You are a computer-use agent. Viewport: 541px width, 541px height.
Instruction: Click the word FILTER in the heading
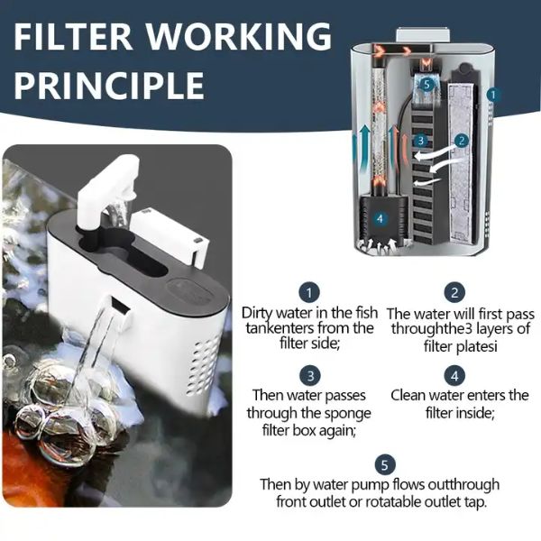point(73,37)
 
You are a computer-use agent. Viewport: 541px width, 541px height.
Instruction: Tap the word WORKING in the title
point(240,37)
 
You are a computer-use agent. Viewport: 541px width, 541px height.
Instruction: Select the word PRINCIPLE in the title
point(109,86)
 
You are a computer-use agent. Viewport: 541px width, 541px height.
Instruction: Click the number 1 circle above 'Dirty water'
point(309,292)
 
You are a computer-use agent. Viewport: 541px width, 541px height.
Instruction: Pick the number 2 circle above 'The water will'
point(454,292)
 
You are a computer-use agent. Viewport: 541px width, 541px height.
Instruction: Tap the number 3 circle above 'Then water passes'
point(310,376)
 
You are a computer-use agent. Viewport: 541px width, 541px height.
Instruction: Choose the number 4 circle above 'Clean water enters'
point(454,376)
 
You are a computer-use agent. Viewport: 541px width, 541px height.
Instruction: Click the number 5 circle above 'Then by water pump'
point(385,464)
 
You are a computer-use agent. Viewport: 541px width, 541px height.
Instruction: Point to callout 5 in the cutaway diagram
point(427,84)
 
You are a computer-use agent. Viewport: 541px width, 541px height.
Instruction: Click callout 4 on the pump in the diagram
point(381,219)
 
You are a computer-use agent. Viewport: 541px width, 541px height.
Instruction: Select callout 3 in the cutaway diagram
point(420,141)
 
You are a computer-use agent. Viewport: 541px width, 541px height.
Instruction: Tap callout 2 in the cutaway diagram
point(462,141)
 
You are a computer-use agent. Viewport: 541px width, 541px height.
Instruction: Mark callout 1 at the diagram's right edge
point(493,94)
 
